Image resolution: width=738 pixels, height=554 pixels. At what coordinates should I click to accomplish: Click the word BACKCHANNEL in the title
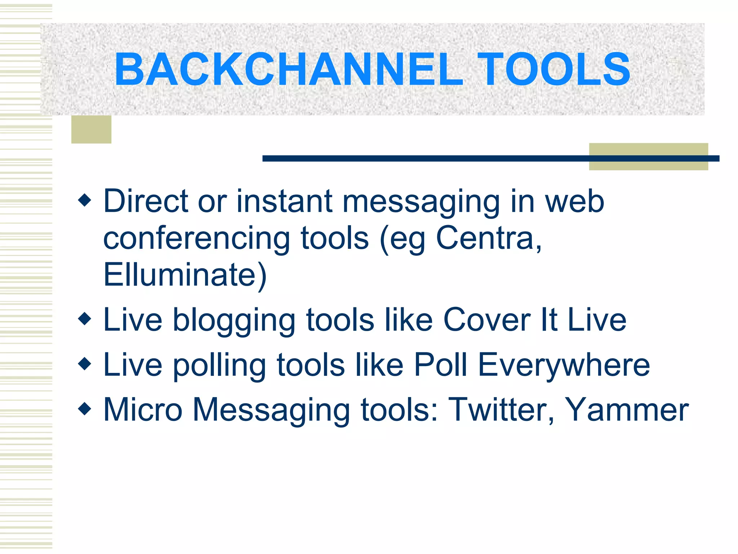click(288, 69)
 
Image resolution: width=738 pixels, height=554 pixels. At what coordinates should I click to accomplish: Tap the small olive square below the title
click(91, 129)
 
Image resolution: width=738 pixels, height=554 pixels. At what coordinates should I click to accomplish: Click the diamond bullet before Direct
click(85, 200)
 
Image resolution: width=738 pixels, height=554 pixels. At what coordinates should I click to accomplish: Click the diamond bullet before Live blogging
click(85, 319)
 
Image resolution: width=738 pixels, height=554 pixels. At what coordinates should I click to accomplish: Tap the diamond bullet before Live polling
click(85, 364)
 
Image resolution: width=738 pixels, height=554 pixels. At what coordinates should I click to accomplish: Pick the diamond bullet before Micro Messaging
click(85, 409)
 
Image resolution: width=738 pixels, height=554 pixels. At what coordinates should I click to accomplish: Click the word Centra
click(488, 238)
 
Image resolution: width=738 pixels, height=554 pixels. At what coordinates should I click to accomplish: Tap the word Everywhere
click(564, 365)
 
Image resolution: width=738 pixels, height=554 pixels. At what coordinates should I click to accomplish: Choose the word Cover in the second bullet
click(486, 320)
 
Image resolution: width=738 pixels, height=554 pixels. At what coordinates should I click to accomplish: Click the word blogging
click(234, 320)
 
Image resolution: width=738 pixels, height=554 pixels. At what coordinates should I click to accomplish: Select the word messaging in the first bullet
click(421, 202)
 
